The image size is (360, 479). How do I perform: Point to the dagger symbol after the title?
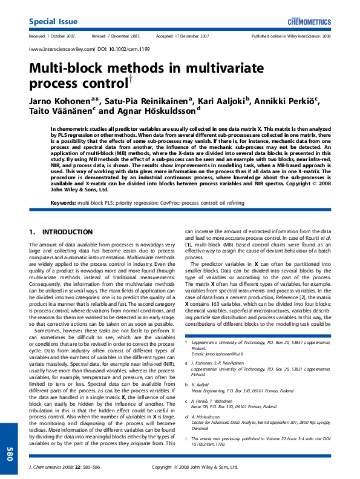(130, 78)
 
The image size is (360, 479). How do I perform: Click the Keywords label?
(64, 202)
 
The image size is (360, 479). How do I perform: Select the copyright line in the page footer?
(195, 467)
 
